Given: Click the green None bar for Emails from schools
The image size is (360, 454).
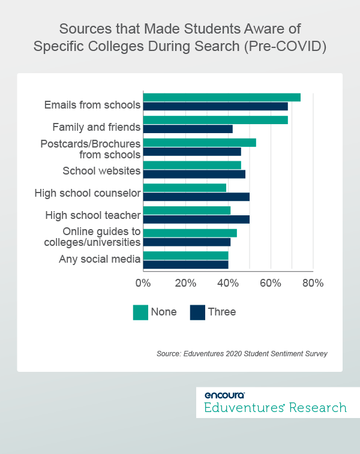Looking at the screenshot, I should point(221,97).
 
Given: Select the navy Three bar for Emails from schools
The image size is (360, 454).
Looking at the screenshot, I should point(215,106).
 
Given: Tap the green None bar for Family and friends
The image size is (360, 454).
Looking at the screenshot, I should point(215,120).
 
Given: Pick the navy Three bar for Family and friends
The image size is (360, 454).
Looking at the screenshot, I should point(188,129).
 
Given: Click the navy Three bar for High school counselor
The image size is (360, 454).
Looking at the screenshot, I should point(196,197).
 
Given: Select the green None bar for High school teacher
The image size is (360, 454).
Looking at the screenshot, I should point(187,211).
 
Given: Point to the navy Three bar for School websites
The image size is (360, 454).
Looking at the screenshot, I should point(194,175).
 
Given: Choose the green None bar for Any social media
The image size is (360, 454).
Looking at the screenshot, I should point(185,255).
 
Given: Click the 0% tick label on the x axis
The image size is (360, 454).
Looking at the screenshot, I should point(143,283).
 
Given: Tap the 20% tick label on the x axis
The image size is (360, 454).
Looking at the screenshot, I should point(185,283).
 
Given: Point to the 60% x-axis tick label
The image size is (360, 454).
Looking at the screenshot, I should point(271,283).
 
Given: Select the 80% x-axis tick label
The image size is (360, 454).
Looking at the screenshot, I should point(313,283).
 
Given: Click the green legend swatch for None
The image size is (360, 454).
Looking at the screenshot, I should point(140,312).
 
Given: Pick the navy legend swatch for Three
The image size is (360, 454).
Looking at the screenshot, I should point(197,312).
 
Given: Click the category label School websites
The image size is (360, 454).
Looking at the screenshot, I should point(101,171).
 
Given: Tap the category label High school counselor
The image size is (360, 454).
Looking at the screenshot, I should point(88,193).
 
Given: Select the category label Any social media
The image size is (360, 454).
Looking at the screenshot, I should point(100,259).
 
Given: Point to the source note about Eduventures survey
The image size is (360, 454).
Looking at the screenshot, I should point(242,354).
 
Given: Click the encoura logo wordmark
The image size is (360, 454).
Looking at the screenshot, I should point(224,395).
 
